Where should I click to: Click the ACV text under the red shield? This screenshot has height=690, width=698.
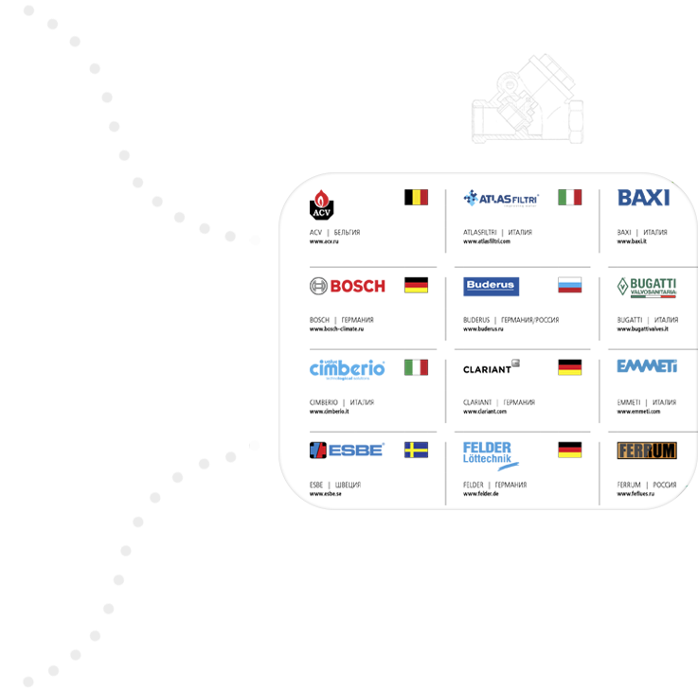pos(320,212)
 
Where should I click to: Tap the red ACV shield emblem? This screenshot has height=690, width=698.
pos(321,197)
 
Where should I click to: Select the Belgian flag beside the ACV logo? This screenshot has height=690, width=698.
pos(423,197)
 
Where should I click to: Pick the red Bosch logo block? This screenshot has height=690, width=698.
pos(361,288)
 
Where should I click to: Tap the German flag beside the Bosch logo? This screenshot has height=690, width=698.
pos(421,286)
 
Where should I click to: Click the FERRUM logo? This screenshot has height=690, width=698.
pos(647,451)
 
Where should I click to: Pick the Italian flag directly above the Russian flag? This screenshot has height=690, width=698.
pos(574,197)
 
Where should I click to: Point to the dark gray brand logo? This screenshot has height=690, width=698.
pos(520,367)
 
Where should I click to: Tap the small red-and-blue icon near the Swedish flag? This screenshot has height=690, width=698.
pos(318,449)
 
